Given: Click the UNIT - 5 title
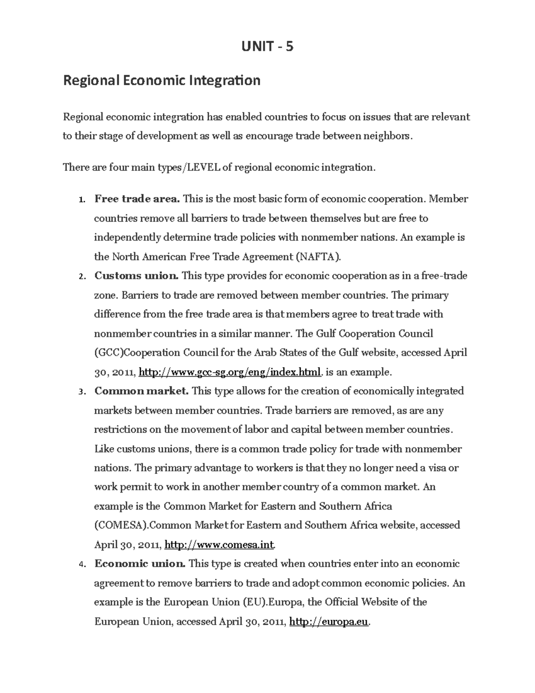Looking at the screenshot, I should [267, 46].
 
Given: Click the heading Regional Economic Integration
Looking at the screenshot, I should [162, 81].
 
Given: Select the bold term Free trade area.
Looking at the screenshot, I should [137, 199].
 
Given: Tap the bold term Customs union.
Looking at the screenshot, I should [136, 276].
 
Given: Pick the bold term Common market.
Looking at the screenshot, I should [142, 391].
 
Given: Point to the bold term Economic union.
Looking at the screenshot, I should [140, 564].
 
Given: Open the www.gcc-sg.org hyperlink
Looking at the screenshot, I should [230, 372].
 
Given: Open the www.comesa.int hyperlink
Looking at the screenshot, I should [220, 545].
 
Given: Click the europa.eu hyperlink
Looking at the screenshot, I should [329, 622].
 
